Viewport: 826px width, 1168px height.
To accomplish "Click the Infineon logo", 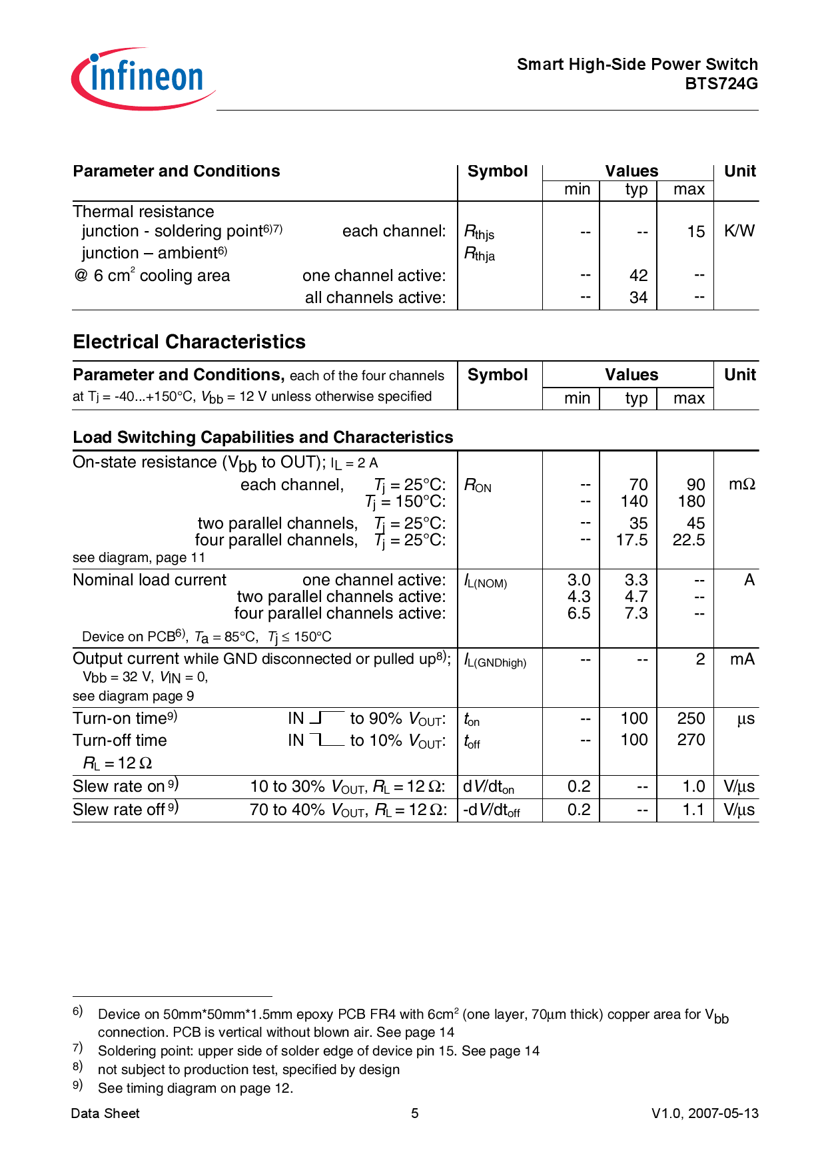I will pos(143,79).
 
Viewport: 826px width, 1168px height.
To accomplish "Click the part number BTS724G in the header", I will pos(721,84).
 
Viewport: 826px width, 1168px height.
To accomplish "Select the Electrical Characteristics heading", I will pos(189,342).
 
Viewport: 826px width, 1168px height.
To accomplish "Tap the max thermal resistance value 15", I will pos(695,232).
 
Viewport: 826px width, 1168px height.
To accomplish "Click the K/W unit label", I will pos(739,231).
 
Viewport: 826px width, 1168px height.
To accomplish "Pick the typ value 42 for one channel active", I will pos(638,276).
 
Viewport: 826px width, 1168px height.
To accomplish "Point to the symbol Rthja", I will pos(480,254).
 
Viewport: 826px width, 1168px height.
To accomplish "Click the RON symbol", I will pos(478,485).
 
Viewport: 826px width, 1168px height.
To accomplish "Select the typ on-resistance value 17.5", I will pos(631,540).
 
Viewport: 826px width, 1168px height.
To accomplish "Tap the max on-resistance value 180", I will pos(691,501).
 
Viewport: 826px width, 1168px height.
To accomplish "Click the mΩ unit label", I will pos(741,485).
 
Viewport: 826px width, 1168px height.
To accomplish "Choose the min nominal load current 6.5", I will pos(578,613).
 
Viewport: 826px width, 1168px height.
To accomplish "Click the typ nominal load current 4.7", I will pos(635,597).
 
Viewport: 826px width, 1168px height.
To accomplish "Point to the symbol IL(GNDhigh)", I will pos(495,661).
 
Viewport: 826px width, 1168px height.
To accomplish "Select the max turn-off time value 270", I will pos(691,740).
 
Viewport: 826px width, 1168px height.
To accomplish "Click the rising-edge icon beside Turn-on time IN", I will pos(326,718).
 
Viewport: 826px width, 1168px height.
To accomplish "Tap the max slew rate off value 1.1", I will pos(693,810).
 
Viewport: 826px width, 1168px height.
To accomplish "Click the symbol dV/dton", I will pos(489,787).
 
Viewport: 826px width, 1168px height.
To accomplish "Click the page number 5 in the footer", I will pos(414,1113).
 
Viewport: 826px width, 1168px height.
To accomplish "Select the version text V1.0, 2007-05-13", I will pos(705,1113).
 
